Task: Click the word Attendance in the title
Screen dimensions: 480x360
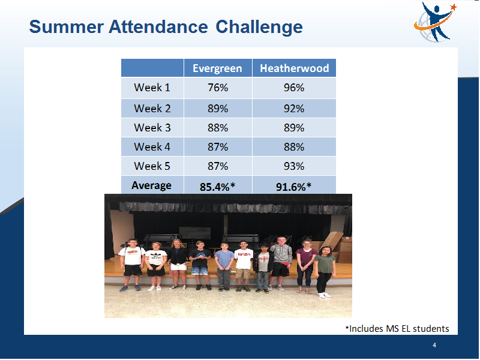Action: coord(158,26)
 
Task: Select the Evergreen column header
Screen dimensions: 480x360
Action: coord(217,68)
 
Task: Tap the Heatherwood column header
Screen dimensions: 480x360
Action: coord(294,68)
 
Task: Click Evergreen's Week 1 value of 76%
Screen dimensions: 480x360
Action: coord(218,88)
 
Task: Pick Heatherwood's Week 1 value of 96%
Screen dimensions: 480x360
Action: coord(294,88)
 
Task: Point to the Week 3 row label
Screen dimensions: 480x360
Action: coord(152,128)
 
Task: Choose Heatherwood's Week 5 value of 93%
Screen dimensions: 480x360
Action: coord(294,166)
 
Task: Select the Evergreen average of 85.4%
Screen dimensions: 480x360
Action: coord(217,187)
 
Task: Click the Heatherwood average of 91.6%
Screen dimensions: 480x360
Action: coord(293,187)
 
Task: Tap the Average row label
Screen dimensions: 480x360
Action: coord(152,185)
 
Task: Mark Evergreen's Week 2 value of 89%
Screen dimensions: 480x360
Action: coord(218,109)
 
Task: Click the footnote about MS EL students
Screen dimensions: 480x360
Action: coord(397,328)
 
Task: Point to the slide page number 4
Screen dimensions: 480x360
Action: coord(434,346)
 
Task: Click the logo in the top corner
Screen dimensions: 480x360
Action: coord(434,22)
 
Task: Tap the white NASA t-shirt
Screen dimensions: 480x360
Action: coord(244,259)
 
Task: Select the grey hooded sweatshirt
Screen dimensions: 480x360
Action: coord(281,254)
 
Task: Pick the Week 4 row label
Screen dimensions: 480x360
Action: coord(152,147)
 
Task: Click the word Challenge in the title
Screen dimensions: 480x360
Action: coord(259,28)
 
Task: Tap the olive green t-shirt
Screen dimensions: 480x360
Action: coord(325,264)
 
